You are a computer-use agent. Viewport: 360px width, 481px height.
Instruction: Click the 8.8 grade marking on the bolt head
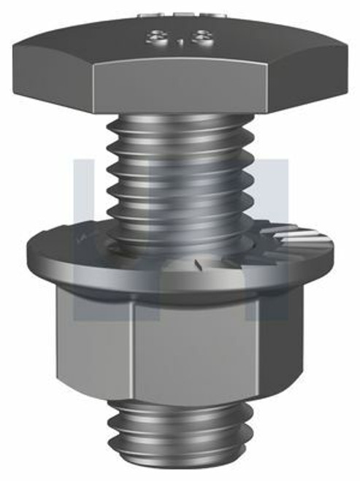tap(178, 38)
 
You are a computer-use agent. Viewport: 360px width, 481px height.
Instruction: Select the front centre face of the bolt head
tap(180, 86)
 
